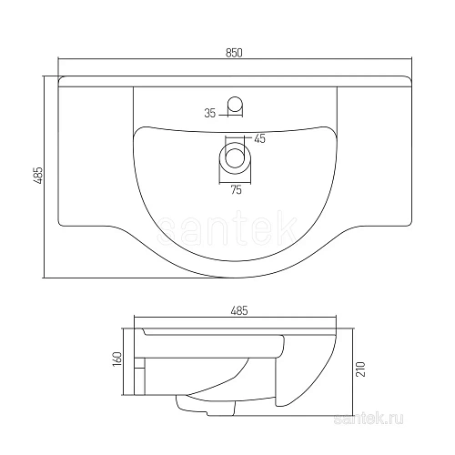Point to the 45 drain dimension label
259,138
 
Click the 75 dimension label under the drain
235,190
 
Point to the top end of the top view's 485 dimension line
45,76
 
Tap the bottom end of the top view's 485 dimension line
45,277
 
